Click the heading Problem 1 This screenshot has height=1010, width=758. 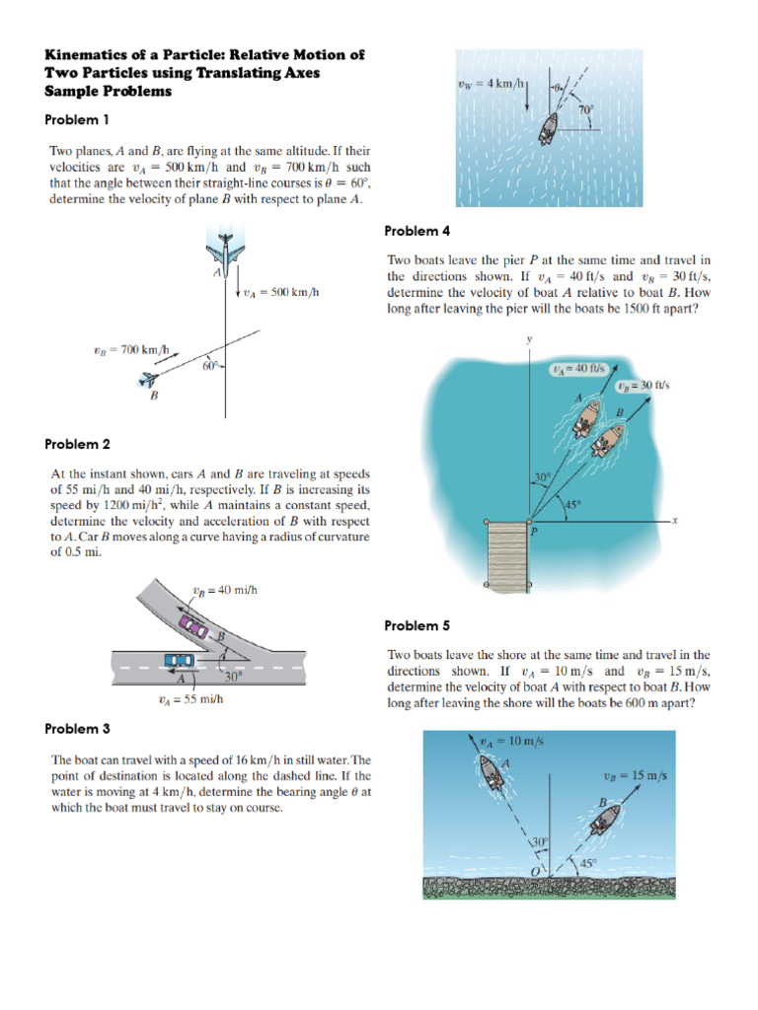(77, 120)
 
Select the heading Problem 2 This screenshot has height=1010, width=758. (77, 445)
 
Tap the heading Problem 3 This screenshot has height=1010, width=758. (77, 729)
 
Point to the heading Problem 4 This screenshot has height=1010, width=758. (417, 231)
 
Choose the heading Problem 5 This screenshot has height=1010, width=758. (417, 625)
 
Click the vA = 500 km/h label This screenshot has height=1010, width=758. (280, 292)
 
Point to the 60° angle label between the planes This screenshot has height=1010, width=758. (210, 368)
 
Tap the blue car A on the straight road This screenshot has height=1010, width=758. (179, 659)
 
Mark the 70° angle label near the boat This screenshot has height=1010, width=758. (586, 110)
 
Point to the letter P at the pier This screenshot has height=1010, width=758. (534, 531)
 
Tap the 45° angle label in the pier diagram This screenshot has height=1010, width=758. (572, 505)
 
